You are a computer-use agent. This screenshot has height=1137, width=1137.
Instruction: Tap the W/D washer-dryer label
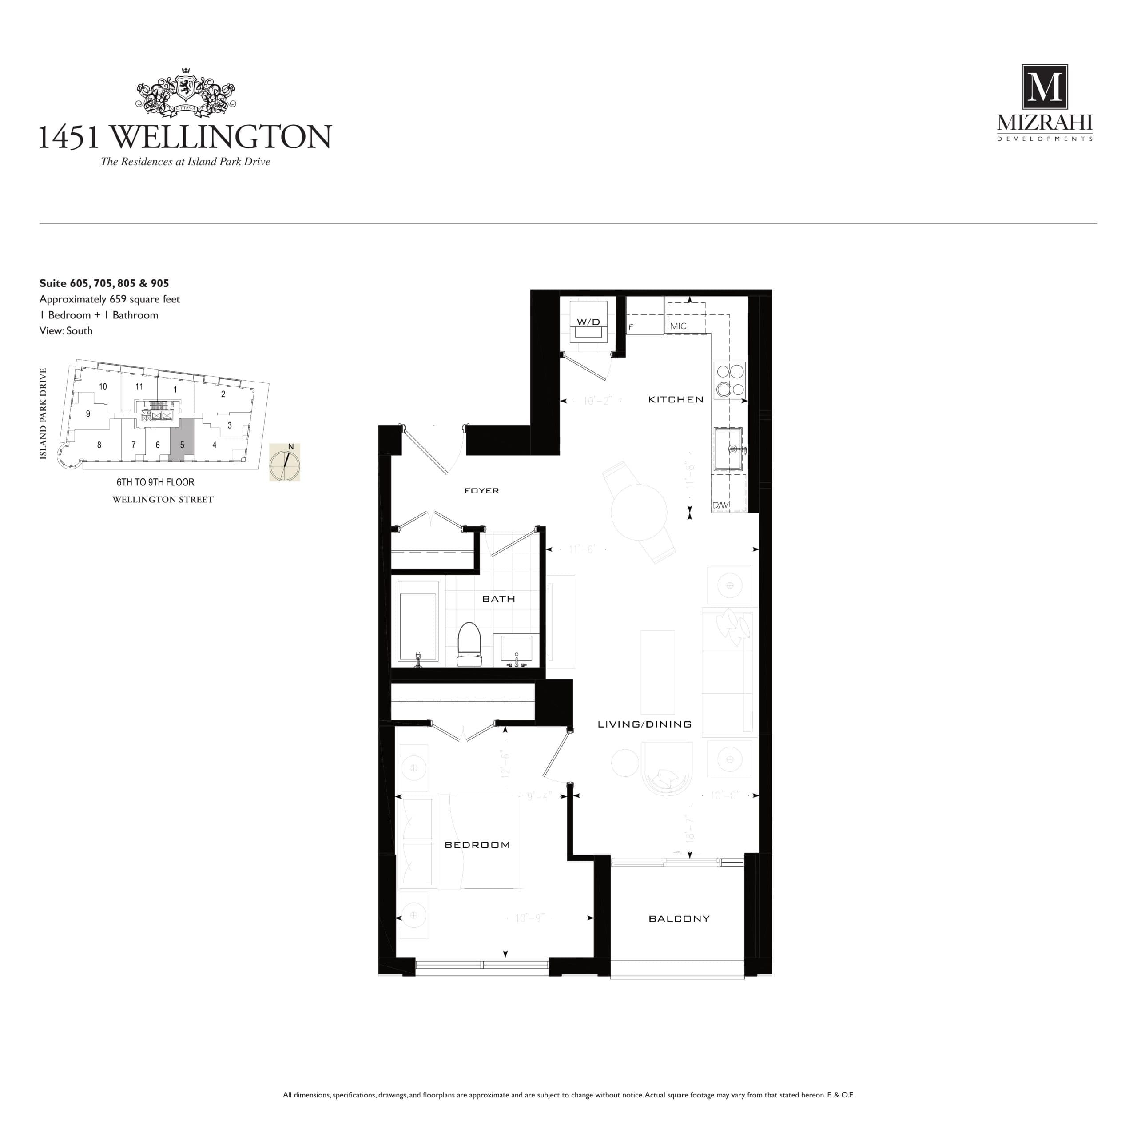(x=588, y=322)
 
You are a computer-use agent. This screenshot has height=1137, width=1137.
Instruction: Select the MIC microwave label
(x=678, y=326)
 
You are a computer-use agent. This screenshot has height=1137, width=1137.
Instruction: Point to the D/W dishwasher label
(x=720, y=505)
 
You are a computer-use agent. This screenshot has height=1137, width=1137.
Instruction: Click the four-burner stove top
(x=729, y=380)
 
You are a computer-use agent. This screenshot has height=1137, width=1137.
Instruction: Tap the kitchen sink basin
(x=728, y=449)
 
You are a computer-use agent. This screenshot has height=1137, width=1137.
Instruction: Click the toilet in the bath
(x=469, y=644)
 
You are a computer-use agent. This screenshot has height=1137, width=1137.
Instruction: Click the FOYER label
(x=481, y=491)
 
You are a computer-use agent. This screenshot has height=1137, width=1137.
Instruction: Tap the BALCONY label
(x=679, y=918)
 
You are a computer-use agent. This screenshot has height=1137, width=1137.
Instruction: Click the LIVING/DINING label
(x=644, y=724)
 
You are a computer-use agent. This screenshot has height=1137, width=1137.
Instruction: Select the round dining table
(x=639, y=512)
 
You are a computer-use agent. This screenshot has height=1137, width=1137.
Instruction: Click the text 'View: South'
(x=66, y=331)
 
